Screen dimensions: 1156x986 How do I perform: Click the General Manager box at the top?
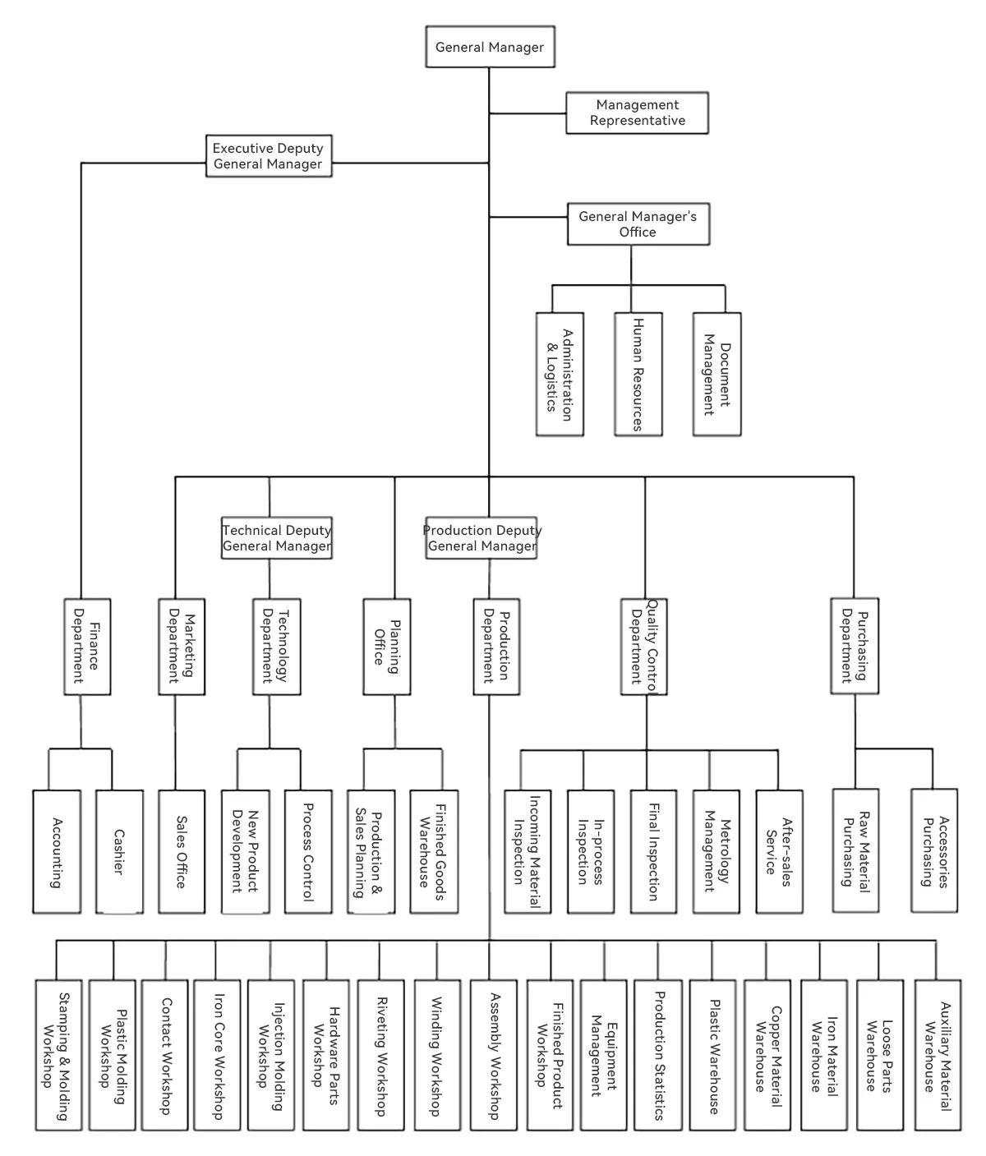coord(489,47)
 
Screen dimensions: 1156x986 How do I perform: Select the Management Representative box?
coord(637,113)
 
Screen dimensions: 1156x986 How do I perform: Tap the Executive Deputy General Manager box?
coord(268,156)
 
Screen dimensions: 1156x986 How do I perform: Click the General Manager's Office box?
coord(638,224)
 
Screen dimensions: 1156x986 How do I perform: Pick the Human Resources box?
coord(638,374)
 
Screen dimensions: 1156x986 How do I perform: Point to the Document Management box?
coord(716,374)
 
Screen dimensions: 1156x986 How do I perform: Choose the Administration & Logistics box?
coord(560,374)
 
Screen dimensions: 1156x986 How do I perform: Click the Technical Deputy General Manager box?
coord(277,538)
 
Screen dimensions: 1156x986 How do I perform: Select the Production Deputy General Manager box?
coord(481,538)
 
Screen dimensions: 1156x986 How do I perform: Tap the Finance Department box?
coord(87,647)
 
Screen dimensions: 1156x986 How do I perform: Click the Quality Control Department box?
coord(643,647)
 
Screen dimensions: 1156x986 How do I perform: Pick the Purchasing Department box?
coord(855,646)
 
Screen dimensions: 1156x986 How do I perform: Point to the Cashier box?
coord(119,852)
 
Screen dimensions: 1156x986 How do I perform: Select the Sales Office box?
coord(182,852)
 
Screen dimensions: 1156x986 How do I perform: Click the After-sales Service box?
coord(779,852)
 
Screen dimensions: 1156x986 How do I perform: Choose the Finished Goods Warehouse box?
coord(434,852)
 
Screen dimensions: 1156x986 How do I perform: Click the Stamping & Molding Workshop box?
coord(58,1055)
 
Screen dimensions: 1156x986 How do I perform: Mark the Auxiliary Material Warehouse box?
coord(938,1055)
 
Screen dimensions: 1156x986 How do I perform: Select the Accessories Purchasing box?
coord(934,851)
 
